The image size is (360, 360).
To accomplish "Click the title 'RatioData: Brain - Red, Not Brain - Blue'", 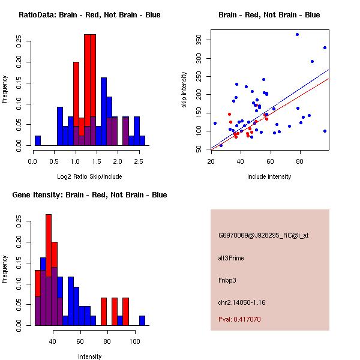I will coord(89,15).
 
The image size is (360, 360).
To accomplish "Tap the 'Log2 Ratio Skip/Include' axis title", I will coord(89,177).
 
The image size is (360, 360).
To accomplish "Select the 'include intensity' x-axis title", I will coord(269,177).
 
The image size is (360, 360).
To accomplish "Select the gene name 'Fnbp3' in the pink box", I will coord(227,280).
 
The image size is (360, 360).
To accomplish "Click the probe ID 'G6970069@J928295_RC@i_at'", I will coord(263,236).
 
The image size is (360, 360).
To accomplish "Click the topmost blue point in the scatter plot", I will coord(297,35).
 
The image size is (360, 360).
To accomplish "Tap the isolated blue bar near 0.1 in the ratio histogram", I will coord(38,140).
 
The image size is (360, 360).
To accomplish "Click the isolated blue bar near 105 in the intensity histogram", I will coord(142,320).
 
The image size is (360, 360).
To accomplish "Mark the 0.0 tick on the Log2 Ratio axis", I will coord(33,161).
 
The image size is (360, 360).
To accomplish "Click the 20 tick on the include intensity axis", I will coord(211,161).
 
